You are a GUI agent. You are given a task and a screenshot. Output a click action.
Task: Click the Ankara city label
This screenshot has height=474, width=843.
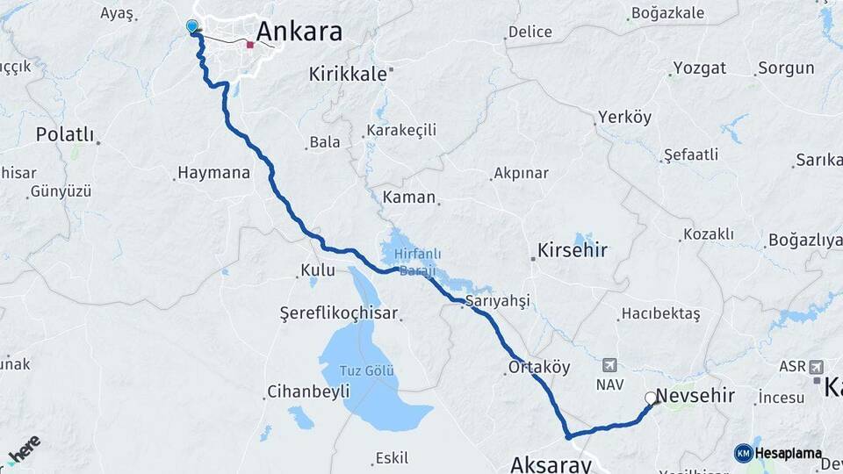click(x=299, y=32)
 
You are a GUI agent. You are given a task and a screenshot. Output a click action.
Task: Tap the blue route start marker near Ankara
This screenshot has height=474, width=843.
click(x=192, y=26)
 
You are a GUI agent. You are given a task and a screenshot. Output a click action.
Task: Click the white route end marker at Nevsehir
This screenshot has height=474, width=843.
click(x=651, y=398)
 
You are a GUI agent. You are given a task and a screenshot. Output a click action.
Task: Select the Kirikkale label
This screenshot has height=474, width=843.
click(x=348, y=75)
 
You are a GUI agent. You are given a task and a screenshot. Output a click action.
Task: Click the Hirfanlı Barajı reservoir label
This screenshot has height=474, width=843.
click(x=417, y=262)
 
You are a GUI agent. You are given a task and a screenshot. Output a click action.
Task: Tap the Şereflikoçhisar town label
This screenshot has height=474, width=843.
click(x=339, y=312)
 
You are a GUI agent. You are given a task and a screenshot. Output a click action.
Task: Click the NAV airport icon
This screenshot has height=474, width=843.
click(x=610, y=365)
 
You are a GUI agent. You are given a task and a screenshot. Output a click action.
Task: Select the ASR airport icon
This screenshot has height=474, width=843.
click(x=817, y=366)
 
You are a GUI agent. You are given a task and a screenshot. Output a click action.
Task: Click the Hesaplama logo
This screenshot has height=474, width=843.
click(x=779, y=453)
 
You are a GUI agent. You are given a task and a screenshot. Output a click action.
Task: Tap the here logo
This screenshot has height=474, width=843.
click(x=24, y=449)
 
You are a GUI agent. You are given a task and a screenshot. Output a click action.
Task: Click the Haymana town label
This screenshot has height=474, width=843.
click(x=213, y=173)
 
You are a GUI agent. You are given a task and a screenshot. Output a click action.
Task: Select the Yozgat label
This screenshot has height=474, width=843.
click(x=700, y=68)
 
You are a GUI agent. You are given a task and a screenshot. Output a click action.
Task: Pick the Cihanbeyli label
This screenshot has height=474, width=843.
click(x=308, y=391)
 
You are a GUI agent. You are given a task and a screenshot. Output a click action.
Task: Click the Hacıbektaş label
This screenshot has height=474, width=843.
click(x=660, y=313)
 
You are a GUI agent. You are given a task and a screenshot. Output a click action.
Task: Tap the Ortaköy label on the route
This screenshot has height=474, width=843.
click(x=539, y=367)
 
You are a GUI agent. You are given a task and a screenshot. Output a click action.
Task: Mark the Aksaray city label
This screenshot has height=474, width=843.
click(x=551, y=463)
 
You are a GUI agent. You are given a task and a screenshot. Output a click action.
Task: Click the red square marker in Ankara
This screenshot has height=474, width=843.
click(x=250, y=44)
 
